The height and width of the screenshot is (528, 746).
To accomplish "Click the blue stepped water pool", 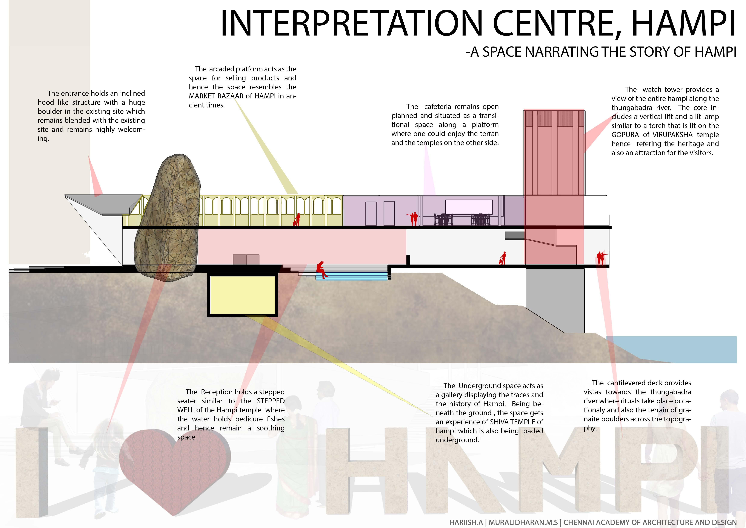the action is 352,276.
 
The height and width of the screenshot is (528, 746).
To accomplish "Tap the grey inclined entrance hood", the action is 97,203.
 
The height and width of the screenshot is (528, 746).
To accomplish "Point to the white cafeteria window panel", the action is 469,207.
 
